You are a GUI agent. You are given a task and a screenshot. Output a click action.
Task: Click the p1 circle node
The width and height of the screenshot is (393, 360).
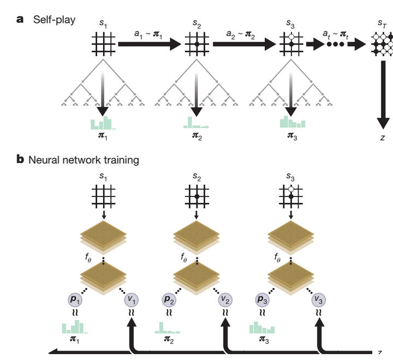coord(75,299)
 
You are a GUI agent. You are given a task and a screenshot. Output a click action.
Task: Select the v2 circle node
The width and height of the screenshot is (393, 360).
coord(225,299)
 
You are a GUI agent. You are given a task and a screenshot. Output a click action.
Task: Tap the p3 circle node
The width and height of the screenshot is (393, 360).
coord(263,299)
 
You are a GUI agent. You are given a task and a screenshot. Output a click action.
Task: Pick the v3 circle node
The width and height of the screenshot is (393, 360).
coord(319,299)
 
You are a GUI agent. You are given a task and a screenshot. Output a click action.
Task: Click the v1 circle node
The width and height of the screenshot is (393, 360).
coord(132,299)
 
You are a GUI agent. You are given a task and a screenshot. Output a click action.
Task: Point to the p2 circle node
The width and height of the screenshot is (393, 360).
coord(169,299)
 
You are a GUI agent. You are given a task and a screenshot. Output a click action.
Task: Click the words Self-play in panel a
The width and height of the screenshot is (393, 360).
coord(54,20)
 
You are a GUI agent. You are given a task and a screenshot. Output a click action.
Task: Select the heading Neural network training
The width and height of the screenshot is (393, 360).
coord(84,160)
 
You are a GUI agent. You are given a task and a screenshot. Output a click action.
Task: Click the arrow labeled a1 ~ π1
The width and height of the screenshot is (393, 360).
coord(150,44)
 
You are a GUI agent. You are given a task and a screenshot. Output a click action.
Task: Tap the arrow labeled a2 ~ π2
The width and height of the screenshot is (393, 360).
coord(245,44)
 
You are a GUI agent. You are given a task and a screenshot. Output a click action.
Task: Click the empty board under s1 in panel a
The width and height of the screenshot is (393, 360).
coord(104,44)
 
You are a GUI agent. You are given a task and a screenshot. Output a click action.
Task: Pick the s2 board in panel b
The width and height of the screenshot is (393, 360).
coord(196,196)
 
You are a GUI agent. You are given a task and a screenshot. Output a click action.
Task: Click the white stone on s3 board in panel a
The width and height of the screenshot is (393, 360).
coord(291,37)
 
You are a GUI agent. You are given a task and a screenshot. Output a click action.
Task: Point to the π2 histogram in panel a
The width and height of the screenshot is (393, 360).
coord(196,123)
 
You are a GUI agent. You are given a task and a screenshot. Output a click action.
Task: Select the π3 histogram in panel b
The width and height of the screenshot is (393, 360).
coord(262,327)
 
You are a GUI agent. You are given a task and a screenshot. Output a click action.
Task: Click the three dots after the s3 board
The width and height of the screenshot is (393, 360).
coord(336,44)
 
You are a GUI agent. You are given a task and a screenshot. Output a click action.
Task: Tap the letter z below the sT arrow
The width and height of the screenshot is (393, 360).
coord(383,137)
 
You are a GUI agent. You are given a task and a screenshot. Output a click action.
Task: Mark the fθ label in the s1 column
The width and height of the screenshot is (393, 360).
coord(88,257)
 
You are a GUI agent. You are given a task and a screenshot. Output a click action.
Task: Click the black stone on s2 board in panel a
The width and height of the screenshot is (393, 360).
coord(197,44)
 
